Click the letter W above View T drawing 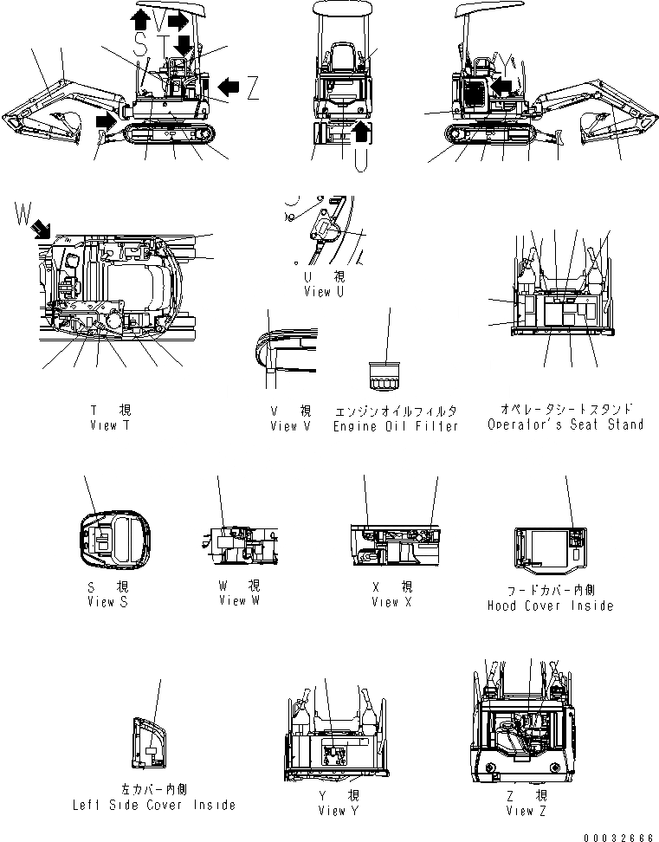click(x=22, y=212)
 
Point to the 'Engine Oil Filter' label click(x=396, y=426)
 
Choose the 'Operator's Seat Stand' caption click(x=565, y=424)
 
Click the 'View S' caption click(x=107, y=602)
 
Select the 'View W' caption click(x=239, y=600)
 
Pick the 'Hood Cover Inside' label click(x=550, y=606)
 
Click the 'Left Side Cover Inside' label click(x=154, y=805)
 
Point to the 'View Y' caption click(x=332, y=810)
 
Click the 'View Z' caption click(x=527, y=810)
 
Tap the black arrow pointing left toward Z click(x=229, y=85)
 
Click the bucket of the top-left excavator click(x=61, y=126)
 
